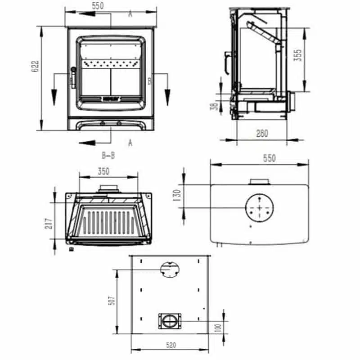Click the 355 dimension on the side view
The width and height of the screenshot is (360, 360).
tap(297, 55)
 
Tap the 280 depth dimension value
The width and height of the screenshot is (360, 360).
tap(262, 133)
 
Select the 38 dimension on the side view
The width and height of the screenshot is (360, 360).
tap(215, 106)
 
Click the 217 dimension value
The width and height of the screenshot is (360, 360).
tap(49, 223)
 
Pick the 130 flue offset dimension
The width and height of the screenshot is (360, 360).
tap(177, 195)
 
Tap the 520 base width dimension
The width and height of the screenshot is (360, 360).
tap(171, 345)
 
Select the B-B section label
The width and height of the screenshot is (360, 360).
tap(108, 156)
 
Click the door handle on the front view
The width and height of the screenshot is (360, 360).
tap(72, 78)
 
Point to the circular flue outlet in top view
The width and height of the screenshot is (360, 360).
tap(260, 208)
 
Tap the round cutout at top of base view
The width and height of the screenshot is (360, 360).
tap(169, 269)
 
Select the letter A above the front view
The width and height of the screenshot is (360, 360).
tap(130, 14)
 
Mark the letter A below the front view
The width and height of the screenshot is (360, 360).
tap(130, 143)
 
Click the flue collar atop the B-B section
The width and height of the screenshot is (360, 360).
tap(108, 188)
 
